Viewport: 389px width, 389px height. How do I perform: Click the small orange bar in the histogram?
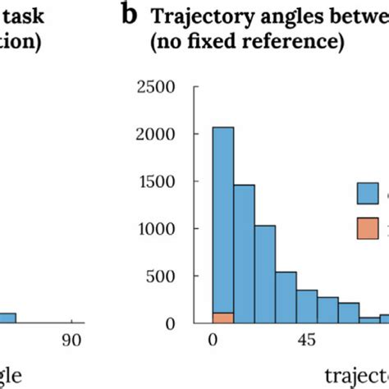click(x=222, y=318)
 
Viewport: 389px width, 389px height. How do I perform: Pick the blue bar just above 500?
click(x=286, y=296)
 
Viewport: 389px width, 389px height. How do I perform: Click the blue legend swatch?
click(x=367, y=194)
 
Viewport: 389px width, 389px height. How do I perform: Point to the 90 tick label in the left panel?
click(x=72, y=341)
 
